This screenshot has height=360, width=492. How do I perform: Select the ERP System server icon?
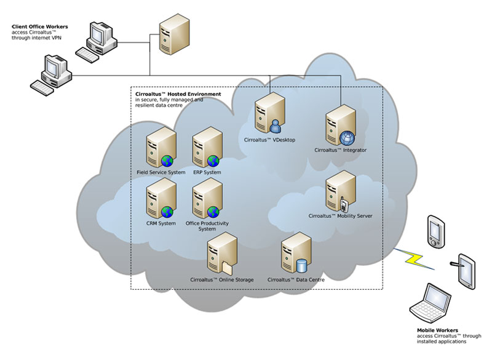pos(206,148)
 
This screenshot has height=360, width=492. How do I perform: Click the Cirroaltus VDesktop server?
pos(268,114)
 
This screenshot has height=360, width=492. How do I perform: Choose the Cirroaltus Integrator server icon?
pos(339,126)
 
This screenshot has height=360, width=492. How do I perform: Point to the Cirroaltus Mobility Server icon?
pos(339,191)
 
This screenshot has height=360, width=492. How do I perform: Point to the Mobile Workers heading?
pos(437,330)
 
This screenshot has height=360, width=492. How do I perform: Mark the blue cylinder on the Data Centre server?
pos(301,266)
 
